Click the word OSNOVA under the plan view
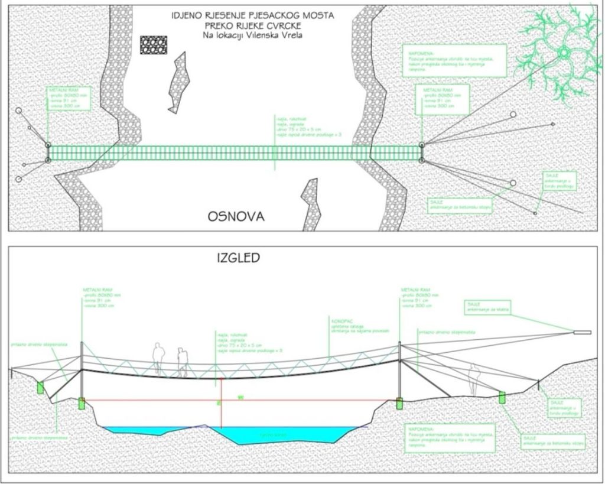236,217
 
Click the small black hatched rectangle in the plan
154,45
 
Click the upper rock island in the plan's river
179,82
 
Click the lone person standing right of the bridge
473,378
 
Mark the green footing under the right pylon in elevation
399,404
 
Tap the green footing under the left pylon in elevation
82,404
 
